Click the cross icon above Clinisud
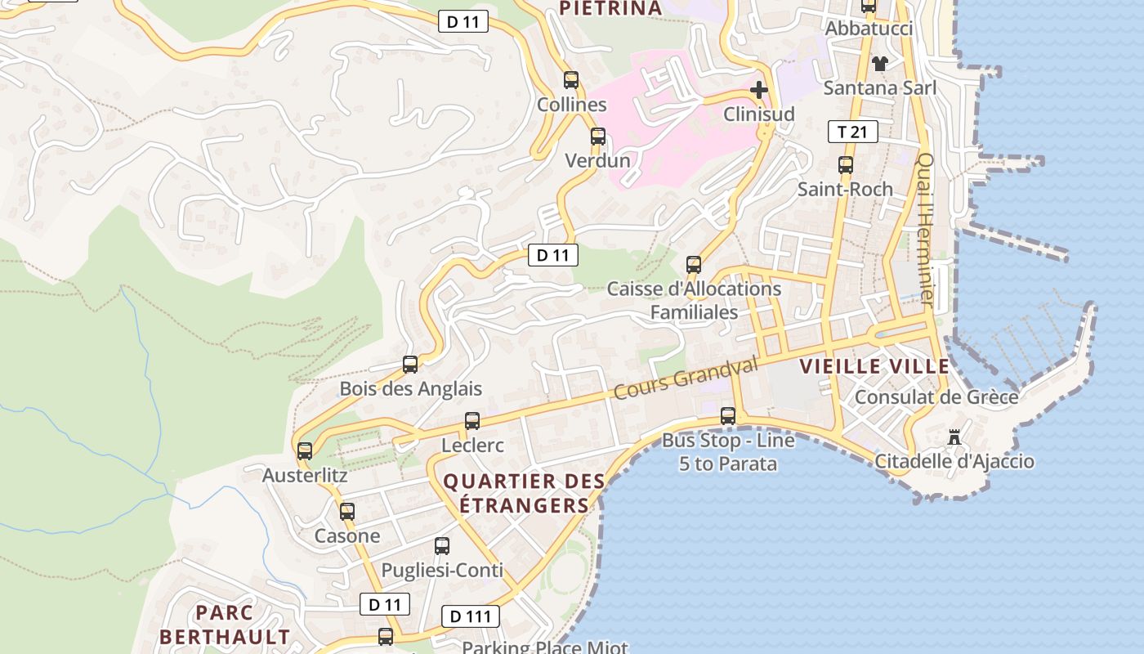[759, 89]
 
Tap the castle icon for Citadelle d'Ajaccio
[954, 438]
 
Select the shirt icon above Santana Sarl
[879, 63]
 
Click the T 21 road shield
[852, 132]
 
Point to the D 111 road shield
[470, 616]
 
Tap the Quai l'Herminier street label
[925, 231]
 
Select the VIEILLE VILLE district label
[874, 366]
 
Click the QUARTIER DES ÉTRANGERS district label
[524, 493]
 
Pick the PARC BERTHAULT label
[225, 625]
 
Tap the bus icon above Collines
[571, 80]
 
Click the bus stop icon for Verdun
[598, 137]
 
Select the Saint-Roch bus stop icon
[846, 165]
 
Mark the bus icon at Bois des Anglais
[410, 365]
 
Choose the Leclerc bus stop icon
[472, 421]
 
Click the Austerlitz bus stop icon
[305, 451]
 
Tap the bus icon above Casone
[347, 512]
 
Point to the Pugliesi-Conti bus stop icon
[442, 546]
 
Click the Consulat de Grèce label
[936, 397]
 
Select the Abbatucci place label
[869, 29]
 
